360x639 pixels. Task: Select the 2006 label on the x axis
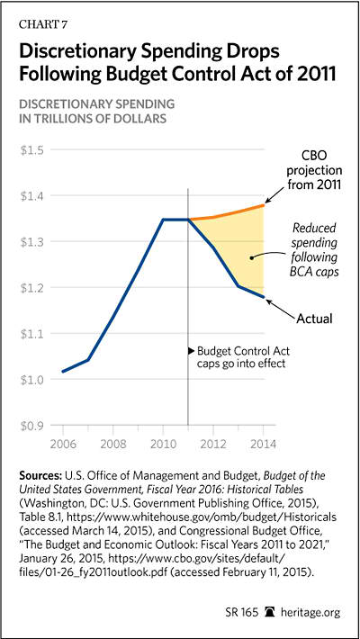tap(63, 444)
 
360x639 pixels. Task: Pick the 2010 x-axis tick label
tap(163, 444)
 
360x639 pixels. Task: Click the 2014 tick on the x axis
tap(263, 444)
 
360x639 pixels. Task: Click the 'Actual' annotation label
tap(314, 319)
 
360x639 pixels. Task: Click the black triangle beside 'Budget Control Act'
tap(191, 350)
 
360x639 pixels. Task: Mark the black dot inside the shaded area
tap(252, 257)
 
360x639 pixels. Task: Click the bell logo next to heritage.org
tap(270, 612)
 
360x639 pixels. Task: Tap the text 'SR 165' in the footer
tap(244, 613)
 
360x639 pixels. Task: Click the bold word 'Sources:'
tap(40, 476)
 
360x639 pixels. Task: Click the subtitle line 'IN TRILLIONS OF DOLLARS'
tap(92, 119)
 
